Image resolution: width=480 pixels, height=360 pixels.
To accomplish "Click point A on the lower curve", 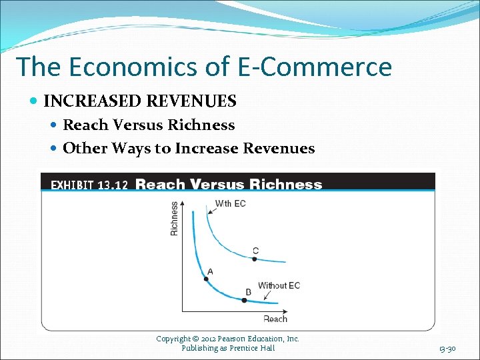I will tap(206, 279).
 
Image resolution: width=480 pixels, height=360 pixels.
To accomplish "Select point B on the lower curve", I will tap(244, 301).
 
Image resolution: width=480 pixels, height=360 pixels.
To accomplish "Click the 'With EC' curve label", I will tap(230, 203).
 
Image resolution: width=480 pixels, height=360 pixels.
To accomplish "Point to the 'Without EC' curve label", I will tap(279, 285).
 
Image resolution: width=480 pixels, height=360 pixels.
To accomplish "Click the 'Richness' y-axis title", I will tap(175, 219).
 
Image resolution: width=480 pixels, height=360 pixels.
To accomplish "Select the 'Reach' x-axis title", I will tap(275, 319).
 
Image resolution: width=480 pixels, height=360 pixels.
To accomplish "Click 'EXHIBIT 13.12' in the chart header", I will tap(89, 185).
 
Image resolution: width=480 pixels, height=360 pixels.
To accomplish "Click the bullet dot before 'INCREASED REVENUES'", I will tap(34, 101).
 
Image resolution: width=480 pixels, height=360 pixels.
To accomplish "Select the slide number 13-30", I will tap(447, 349).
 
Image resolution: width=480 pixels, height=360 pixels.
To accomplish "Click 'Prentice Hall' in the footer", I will tap(251, 348).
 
